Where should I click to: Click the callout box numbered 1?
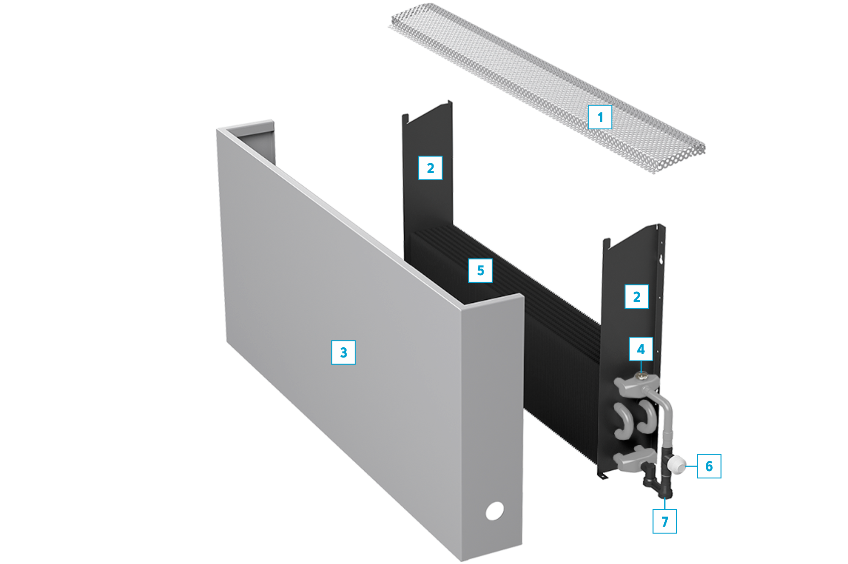pyautogui.click(x=600, y=117)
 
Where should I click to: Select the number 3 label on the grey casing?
pyautogui.click(x=344, y=352)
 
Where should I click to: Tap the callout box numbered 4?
pyautogui.click(x=641, y=349)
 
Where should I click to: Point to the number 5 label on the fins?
pyautogui.click(x=480, y=271)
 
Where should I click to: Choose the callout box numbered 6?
pyautogui.click(x=709, y=466)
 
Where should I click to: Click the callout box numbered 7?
pyautogui.click(x=664, y=521)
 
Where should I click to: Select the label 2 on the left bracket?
pyautogui.click(x=430, y=168)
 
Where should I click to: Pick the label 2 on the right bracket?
pyautogui.click(x=636, y=296)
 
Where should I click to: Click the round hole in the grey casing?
pyautogui.click(x=495, y=511)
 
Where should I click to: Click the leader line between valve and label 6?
pyautogui.click(x=691, y=466)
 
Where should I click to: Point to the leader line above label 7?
pyautogui.click(x=664, y=504)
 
